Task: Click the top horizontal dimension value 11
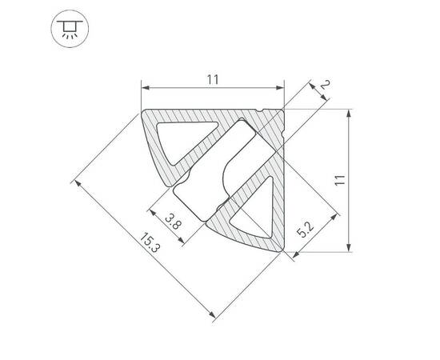pos(212,78)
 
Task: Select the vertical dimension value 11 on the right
pos(340,180)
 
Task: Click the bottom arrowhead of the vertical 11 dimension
pos(350,248)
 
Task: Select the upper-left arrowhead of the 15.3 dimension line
pos(78,184)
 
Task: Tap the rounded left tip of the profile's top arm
pos(146,115)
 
